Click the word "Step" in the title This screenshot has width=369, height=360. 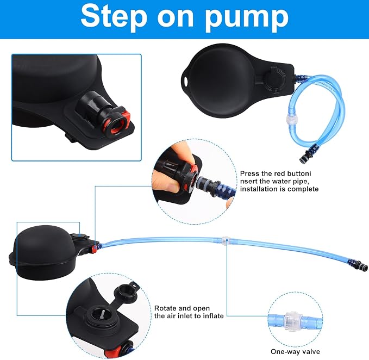tap(114, 16)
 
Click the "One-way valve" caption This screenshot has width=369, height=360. tap(295, 351)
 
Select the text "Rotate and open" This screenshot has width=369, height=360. tap(182, 308)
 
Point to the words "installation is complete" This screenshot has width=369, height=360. tap(279, 189)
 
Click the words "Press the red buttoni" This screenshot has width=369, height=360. tap(276, 173)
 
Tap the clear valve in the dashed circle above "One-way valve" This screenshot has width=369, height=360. tap(292, 321)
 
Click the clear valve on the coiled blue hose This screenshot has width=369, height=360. tap(292, 118)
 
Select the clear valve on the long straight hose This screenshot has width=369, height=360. tap(225, 241)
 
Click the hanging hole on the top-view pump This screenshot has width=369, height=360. tap(186, 81)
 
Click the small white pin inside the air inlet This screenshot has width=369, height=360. tap(103, 314)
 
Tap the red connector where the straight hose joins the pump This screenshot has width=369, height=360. tap(94, 249)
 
